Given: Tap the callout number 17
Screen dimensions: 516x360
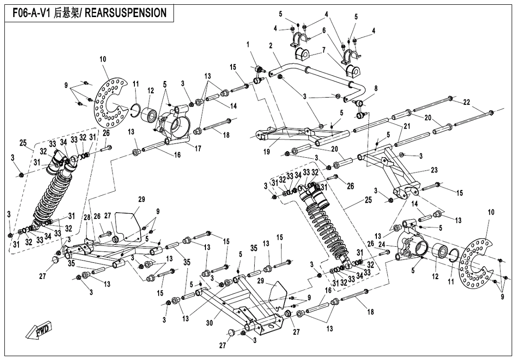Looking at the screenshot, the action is click(x=197, y=149).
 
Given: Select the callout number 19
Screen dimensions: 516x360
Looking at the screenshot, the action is click(x=267, y=152).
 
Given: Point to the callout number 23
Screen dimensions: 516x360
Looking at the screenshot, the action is click(x=435, y=170).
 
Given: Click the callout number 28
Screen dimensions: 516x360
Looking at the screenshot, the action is click(x=87, y=218).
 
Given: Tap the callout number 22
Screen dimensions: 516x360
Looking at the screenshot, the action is click(x=466, y=102).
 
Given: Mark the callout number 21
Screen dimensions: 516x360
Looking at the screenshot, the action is click(x=407, y=126).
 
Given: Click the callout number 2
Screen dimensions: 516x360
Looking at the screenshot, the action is click(x=271, y=46).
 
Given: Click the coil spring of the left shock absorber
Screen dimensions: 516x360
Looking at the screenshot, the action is click(x=52, y=195).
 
